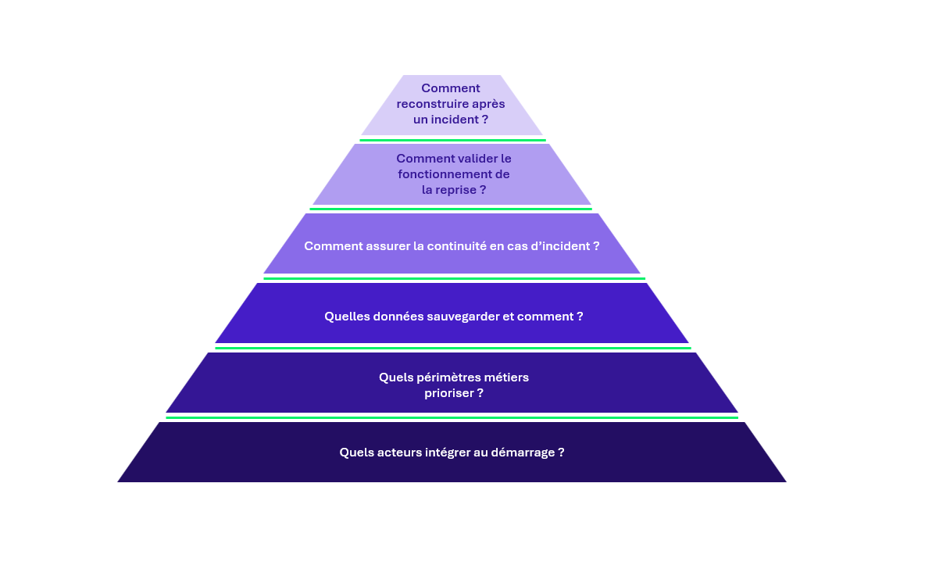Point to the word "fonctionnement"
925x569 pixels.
point(445,174)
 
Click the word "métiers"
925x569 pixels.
point(507,378)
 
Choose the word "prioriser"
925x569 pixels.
point(448,393)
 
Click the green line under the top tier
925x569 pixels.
point(452,141)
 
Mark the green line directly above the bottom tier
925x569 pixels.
point(452,418)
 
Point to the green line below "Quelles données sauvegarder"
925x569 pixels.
point(453,349)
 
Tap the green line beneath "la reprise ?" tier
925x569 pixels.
point(451,209)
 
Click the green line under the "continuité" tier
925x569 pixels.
point(454,278)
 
